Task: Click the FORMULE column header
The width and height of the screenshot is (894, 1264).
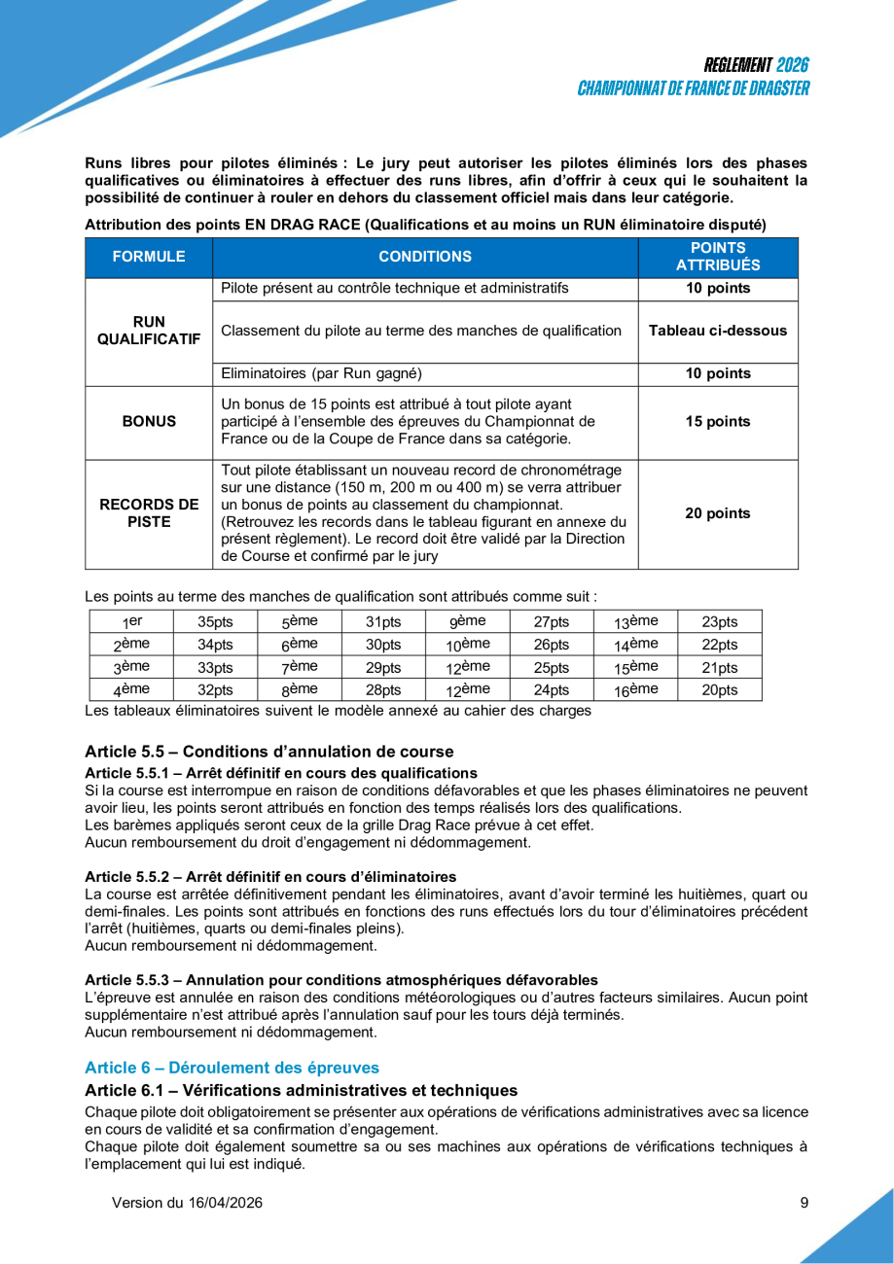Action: (x=148, y=258)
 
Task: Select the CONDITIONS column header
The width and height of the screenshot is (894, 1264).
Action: (x=424, y=258)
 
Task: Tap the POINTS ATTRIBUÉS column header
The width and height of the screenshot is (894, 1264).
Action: (x=718, y=258)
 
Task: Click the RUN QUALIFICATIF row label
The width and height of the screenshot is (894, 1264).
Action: (x=148, y=331)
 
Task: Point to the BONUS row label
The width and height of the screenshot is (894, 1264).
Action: (x=148, y=422)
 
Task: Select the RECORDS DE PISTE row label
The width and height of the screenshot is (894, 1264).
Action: (x=148, y=513)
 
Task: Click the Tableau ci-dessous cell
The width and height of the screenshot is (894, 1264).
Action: (x=718, y=331)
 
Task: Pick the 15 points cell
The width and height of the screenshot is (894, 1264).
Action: (x=718, y=422)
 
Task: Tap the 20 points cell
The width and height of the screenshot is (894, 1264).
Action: (x=718, y=513)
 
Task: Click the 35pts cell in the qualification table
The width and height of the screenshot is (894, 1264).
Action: (x=215, y=622)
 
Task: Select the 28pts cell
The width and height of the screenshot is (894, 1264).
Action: (x=383, y=690)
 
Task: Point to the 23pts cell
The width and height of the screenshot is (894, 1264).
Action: (x=719, y=622)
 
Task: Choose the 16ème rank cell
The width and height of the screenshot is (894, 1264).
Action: (x=636, y=690)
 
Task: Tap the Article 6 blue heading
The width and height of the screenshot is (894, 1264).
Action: (x=232, y=1068)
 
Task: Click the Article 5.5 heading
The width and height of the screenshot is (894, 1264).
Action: (x=268, y=752)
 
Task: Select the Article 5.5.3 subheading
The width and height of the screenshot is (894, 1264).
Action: (x=340, y=979)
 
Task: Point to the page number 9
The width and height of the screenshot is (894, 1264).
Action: (x=804, y=1203)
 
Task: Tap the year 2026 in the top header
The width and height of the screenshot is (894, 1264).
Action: (x=793, y=66)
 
